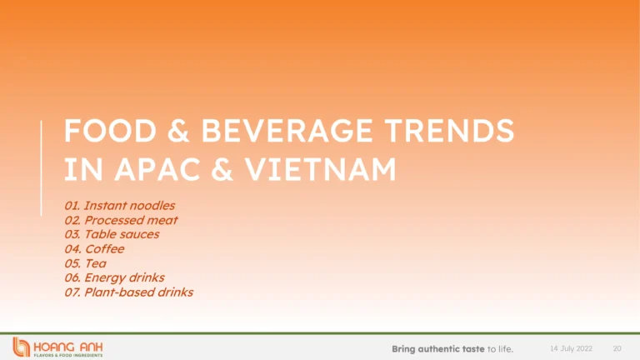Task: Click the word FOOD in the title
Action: pos(110,131)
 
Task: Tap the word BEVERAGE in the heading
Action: pos(287,131)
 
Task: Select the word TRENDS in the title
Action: pos(449,131)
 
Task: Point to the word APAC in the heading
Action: pos(157,169)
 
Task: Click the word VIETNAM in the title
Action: pos(320,169)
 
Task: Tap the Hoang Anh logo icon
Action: pos(21,347)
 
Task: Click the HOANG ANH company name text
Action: pos(68,347)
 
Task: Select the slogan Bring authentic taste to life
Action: pos(452,349)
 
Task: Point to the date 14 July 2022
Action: pos(571,348)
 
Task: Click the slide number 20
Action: pos(617,348)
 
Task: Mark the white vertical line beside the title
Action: pos(41,167)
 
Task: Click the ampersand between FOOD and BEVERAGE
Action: pos(178,131)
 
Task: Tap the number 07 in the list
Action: pos(72,292)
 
